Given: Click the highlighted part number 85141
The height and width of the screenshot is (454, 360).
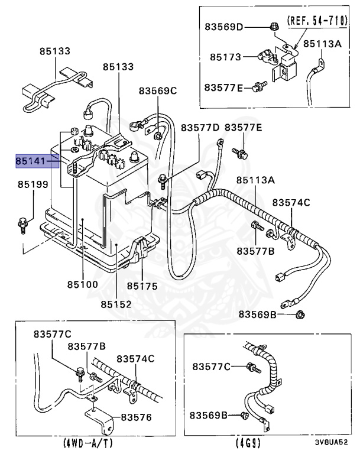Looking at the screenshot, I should [x=32, y=161].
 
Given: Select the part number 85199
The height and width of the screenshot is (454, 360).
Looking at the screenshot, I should [x=32, y=185].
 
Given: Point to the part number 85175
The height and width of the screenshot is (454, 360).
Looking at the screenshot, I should [x=142, y=286].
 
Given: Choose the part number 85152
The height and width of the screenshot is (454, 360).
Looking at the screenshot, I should [x=116, y=304].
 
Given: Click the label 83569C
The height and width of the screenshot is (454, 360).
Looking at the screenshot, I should [x=158, y=90].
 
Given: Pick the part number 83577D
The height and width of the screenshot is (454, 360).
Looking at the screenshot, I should [x=200, y=128].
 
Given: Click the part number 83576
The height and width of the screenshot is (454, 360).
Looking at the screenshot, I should [x=136, y=417].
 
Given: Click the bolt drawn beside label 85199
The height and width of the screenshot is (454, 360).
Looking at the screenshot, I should [x=22, y=223].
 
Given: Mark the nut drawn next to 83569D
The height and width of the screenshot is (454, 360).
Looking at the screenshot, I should [x=274, y=27].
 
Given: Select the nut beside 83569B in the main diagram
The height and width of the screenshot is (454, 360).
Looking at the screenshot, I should [x=300, y=314].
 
